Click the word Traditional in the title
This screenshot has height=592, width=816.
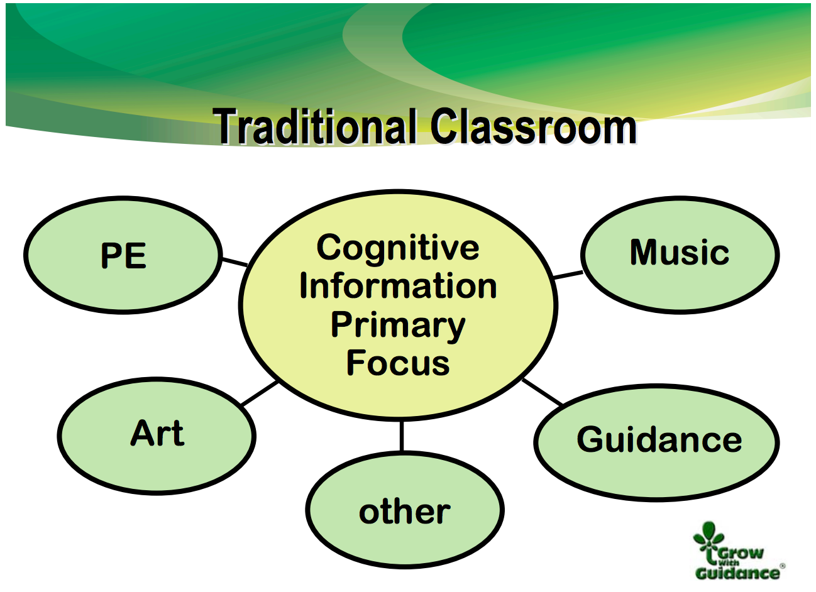click(314, 126)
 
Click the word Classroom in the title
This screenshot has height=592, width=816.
click(534, 126)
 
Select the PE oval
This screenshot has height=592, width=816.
click(123, 255)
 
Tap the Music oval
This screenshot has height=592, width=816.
click(680, 255)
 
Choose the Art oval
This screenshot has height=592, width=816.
click(157, 436)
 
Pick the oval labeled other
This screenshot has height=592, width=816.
click(405, 509)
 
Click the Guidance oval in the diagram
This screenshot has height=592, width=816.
click(657, 442)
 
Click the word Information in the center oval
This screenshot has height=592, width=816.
click(398, 287)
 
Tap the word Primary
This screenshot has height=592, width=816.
click(398, 326)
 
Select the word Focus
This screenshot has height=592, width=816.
click(398, 363)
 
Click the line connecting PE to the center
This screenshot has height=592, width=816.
click(235, 262)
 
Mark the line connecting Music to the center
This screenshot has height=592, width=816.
click(568, 275)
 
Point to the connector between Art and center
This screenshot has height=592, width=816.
click(260, 393)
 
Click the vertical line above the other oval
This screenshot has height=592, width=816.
click(402, 436)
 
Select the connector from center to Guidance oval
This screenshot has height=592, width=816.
click(543, 392)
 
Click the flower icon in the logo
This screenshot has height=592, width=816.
click(708, 539)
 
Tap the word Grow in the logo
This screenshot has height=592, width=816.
click(740, 553)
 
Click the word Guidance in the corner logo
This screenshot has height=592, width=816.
click(737, 573)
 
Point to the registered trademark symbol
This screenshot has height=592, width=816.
click(782, 566)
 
